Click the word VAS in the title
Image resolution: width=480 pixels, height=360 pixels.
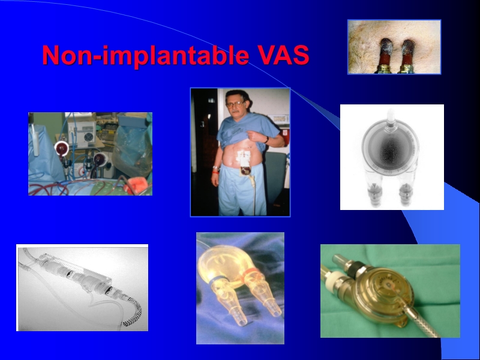click(x=284, y=56)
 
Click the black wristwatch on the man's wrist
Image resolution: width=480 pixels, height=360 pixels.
click(x=266, y=139)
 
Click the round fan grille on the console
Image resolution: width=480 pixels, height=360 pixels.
click(x=89, y=137)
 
